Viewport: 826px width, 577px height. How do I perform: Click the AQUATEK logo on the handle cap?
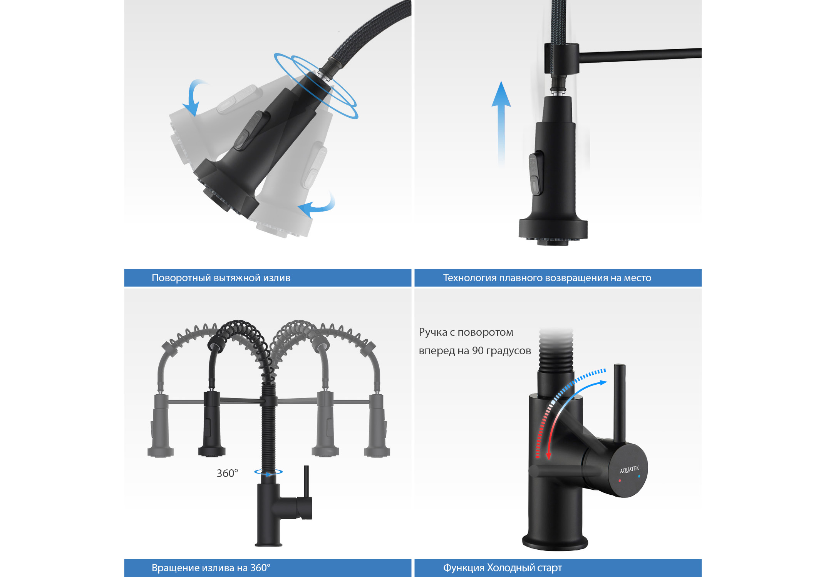629,469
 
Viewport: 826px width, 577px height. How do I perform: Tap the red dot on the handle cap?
620,481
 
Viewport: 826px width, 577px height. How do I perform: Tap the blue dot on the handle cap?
639,476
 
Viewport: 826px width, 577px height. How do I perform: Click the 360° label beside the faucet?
227,473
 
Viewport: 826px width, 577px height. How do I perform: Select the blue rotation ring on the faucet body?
268,472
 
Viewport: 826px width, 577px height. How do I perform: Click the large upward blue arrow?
501,123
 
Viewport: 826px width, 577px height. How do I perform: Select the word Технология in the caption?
470,278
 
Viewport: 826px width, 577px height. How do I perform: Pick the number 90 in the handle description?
478,351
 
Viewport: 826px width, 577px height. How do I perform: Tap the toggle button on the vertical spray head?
536,173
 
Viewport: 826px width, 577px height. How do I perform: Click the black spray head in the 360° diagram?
212,424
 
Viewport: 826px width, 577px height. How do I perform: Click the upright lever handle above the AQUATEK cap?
619,404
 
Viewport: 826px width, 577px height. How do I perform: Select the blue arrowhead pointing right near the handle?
603,383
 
